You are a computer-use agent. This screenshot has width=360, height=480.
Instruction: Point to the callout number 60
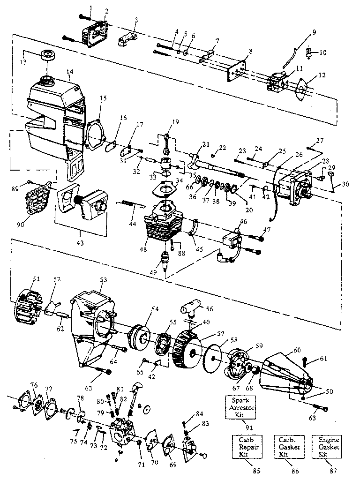coord(296,350)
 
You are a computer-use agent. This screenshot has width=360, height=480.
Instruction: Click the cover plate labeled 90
coord(31,202)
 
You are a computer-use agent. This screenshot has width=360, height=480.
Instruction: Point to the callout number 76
coord(33,385)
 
